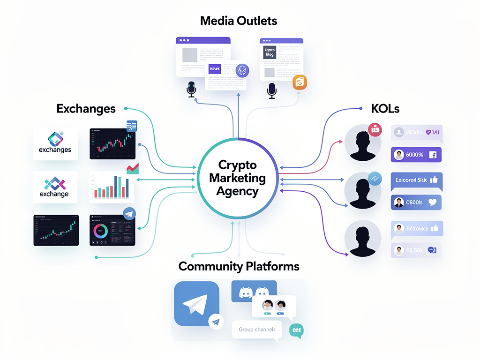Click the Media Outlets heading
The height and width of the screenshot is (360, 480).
click(x=239, y=21)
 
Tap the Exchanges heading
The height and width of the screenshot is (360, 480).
click(x=86, y=109)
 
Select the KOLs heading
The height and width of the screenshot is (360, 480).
click(x=385, y=109)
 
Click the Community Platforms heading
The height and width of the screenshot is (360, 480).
click(x=239, y=267)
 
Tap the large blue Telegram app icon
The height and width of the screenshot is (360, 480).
click(x=196, y=303)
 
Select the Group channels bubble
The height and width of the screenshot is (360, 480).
click(x=257, y=330)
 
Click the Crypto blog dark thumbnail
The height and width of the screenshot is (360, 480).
click(x=270, y=52)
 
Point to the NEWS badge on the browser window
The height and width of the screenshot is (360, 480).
click(x=215, y=69)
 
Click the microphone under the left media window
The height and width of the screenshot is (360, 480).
click(x=191, y=89)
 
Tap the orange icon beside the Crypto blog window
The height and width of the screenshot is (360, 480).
click(x=299, y=82)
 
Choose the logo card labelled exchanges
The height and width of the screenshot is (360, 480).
click(x=55, y=144)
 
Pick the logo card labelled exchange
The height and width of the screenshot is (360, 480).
click(x=54, y=187)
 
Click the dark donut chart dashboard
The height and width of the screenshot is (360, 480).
click(x=112, y=230)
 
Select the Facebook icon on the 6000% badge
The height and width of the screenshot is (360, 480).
click(x=432, y=155)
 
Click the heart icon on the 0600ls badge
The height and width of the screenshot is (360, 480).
click(x=432, y=202)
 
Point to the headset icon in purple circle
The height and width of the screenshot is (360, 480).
click(x=242, y=71)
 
